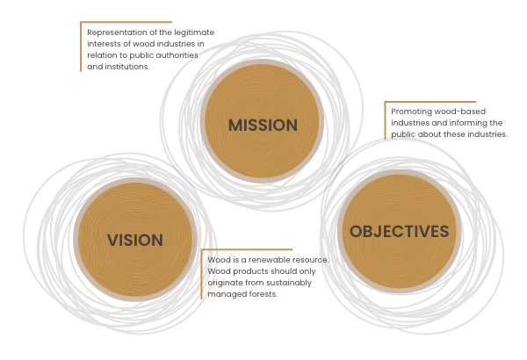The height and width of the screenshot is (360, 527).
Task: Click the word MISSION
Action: click(263, 126)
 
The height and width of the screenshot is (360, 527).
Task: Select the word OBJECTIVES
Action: click(400, 232)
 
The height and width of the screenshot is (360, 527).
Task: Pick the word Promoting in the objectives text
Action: click(406, 112)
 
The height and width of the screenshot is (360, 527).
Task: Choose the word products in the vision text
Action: click(247, 272)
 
